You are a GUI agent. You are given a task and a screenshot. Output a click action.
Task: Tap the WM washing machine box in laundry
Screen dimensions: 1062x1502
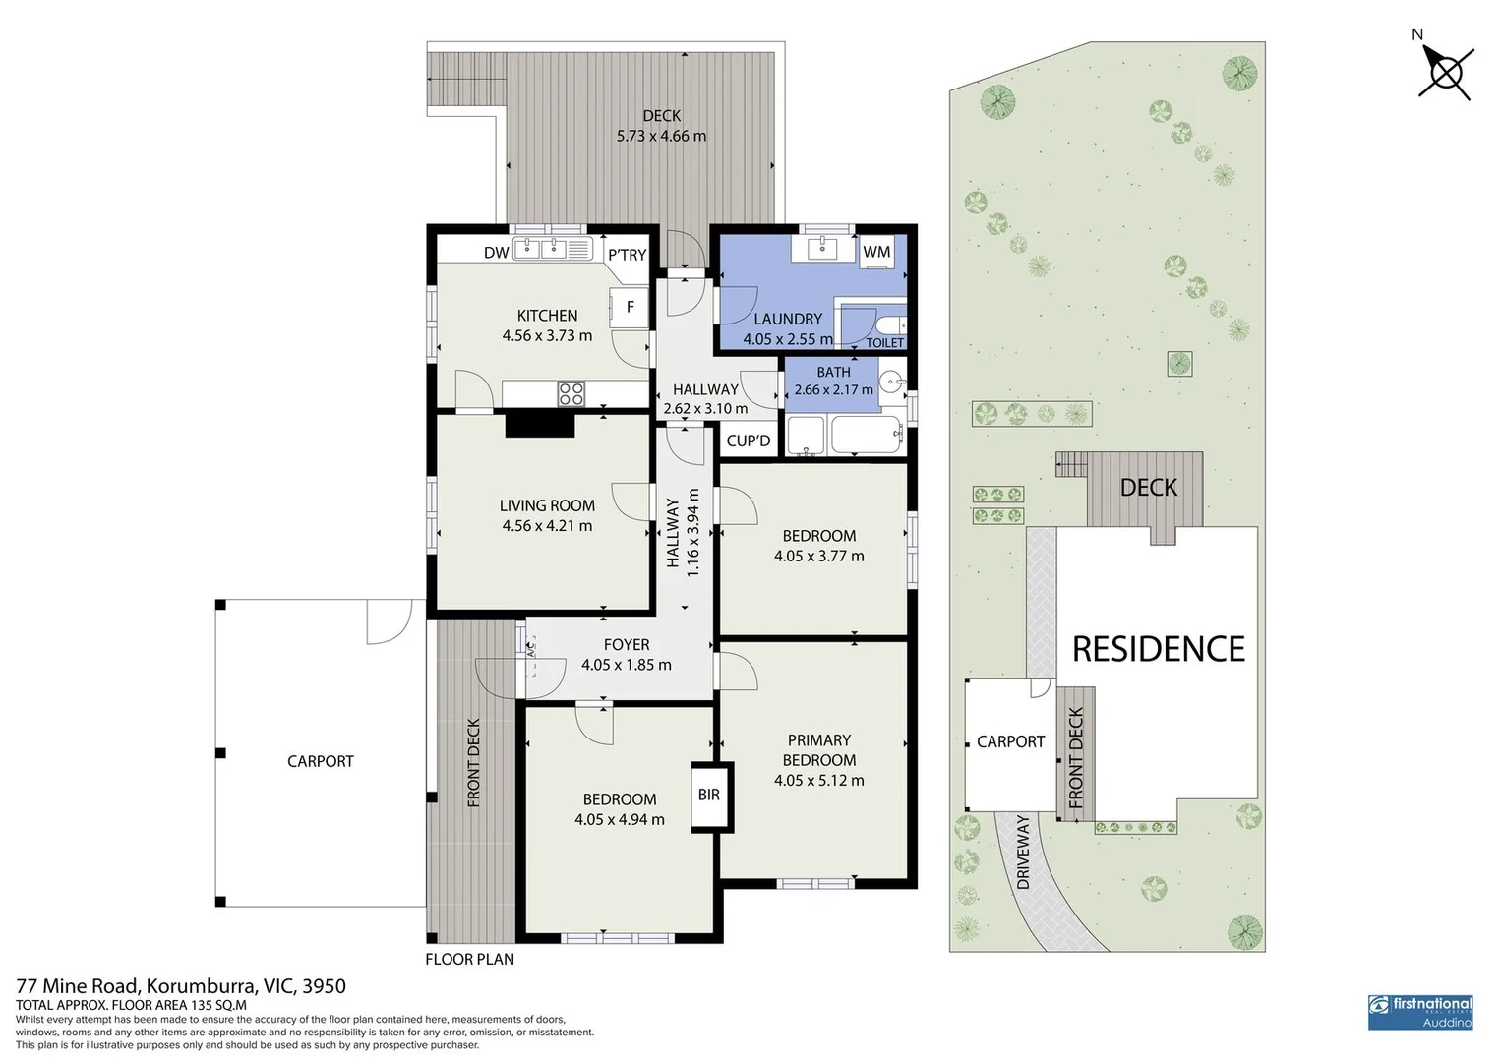click(x=875, y=252)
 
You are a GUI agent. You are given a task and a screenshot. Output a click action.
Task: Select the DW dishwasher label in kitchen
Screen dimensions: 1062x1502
click(x=496, y=253)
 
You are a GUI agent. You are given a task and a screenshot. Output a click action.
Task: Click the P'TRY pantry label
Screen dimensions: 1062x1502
click(x=627, y=255)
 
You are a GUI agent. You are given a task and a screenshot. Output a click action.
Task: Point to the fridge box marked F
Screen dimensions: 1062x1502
click(x=630, y=307)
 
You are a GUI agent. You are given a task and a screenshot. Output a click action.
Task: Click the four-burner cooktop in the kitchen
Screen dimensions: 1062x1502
click(x=571, y=394)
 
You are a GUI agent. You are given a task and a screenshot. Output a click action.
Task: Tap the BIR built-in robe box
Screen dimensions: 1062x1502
click(x=709, y=795)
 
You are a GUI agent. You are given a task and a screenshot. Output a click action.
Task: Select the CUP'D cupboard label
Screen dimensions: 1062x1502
click(x=749, y=442)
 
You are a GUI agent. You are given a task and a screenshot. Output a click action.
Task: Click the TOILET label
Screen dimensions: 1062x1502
click(x=884, y=342)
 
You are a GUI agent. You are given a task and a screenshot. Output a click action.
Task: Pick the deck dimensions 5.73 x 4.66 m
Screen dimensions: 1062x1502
click(x=661, y=137)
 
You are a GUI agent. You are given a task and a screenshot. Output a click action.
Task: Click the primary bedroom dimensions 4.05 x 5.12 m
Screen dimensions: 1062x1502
click(x=818, y=781)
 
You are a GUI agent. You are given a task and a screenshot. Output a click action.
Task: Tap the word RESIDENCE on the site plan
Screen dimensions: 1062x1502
click(x=1158, y=650)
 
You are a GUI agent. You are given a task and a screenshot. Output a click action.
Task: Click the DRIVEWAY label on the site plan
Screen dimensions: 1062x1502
click(x=1023, y=852)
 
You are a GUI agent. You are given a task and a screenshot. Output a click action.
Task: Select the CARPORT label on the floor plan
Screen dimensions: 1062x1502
click(x=320, y=761)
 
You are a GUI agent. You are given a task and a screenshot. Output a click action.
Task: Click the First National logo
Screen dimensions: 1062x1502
click(x=1419, y=1011)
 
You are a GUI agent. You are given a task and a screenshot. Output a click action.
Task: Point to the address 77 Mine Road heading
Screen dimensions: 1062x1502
click(x=181, y=985)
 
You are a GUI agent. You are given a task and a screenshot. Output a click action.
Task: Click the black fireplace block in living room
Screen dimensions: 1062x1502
click(x=539, y=424)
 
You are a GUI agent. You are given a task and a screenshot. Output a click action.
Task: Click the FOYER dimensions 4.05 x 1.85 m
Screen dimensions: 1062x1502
click(x=626, y=665)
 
